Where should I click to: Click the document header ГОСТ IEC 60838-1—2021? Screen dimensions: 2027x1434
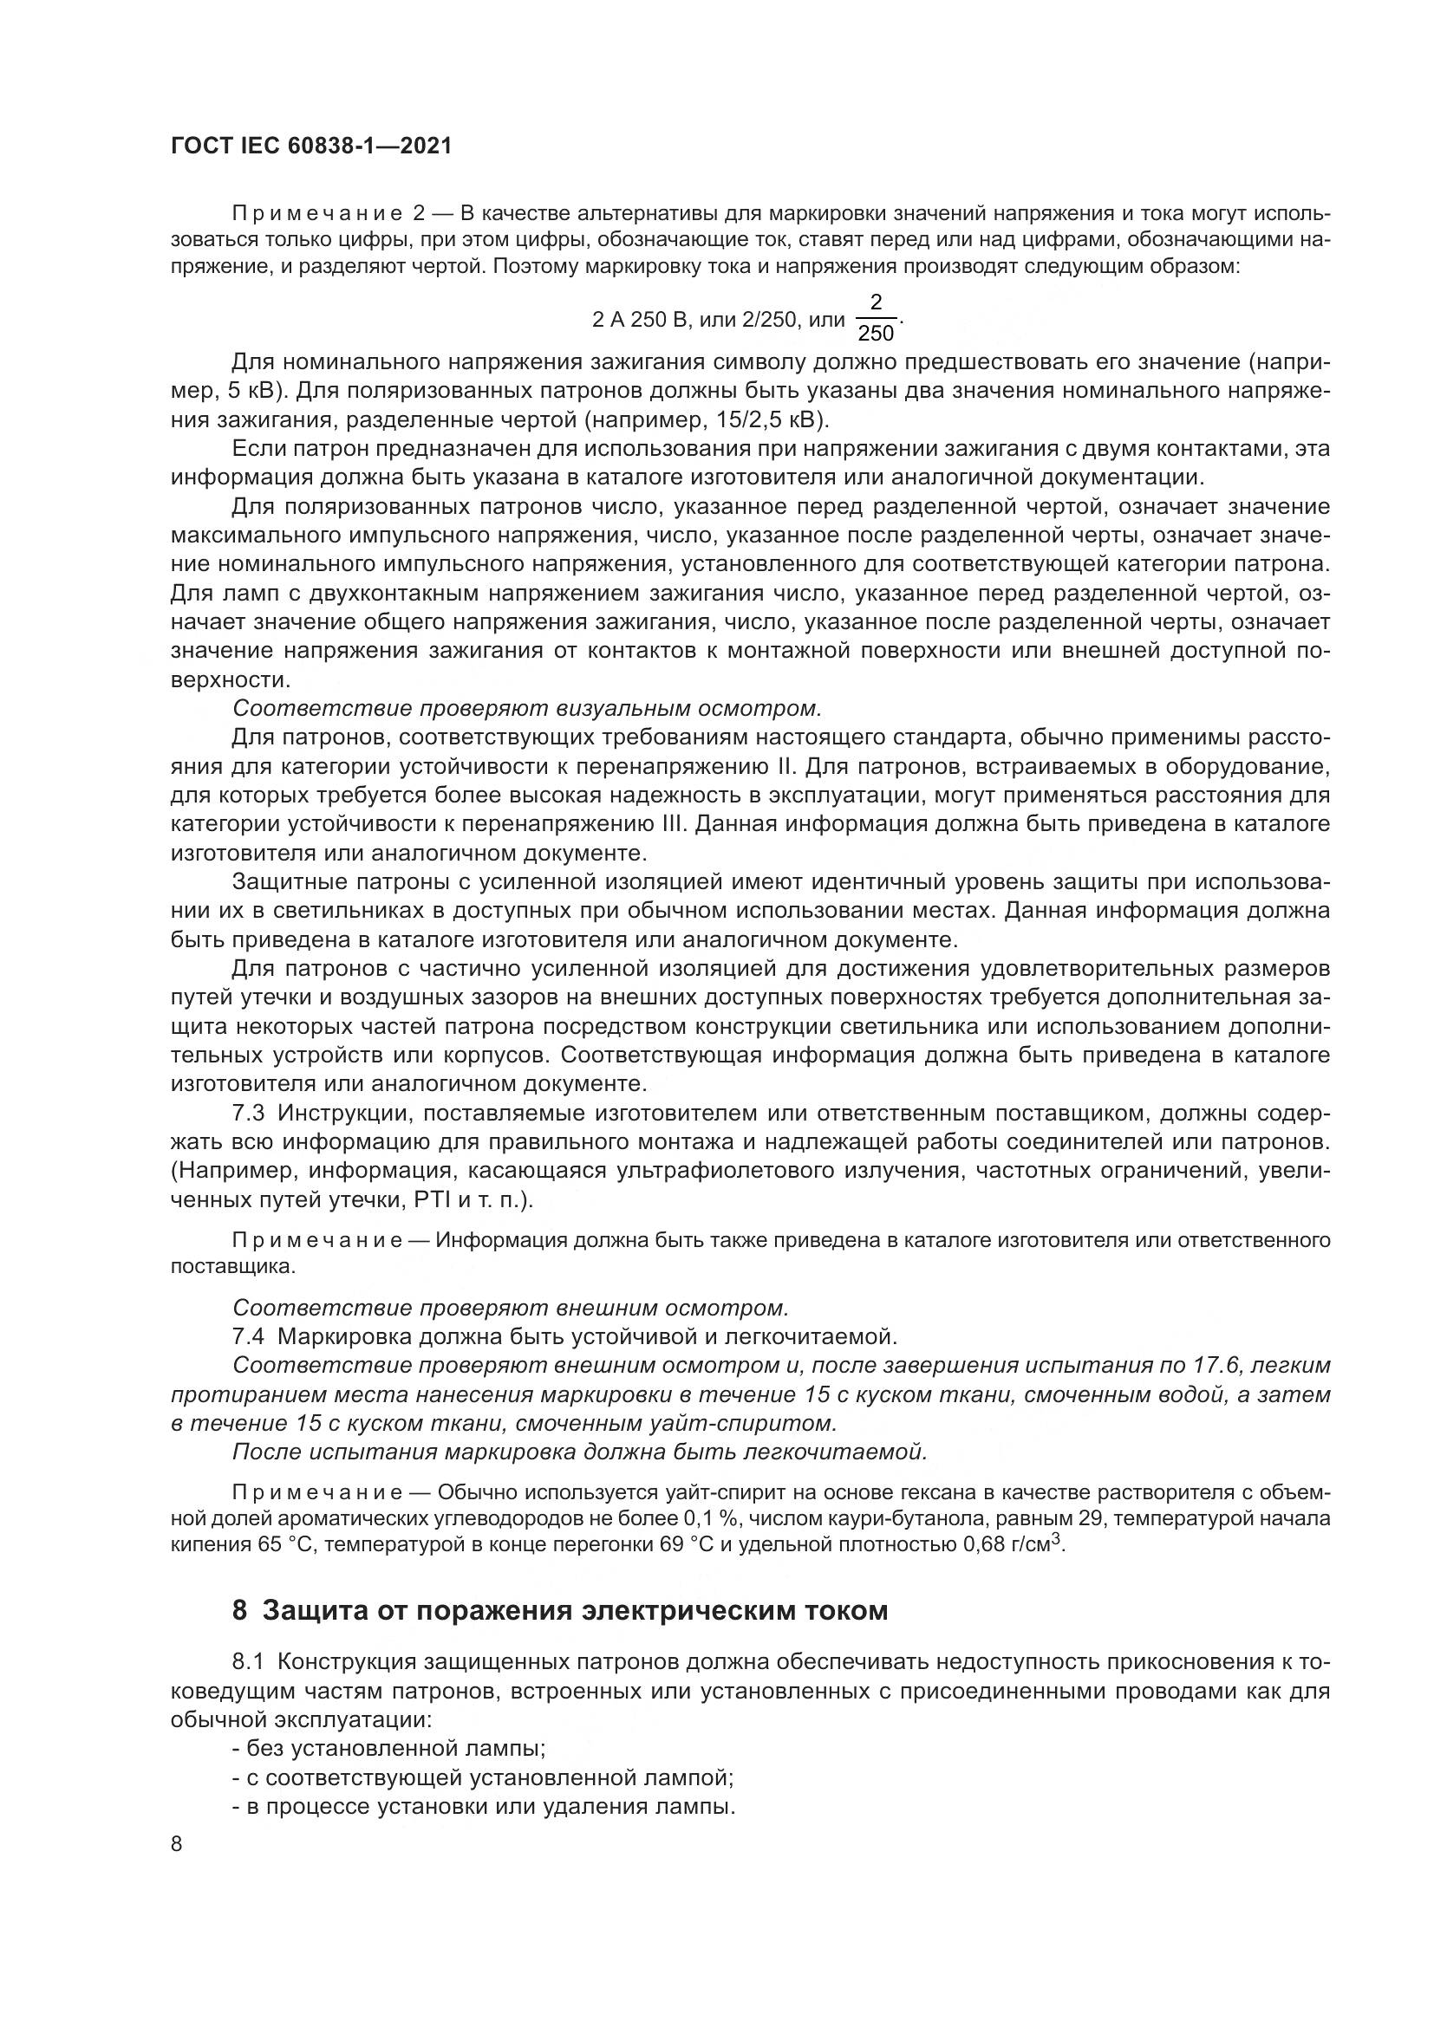tap(311, 146)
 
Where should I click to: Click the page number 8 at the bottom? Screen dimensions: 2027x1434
tap(177, 1843)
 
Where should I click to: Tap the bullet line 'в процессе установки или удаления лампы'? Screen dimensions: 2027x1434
tap(484, 1806)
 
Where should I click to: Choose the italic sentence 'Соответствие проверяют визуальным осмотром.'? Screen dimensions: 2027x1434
tap(527, 708)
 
